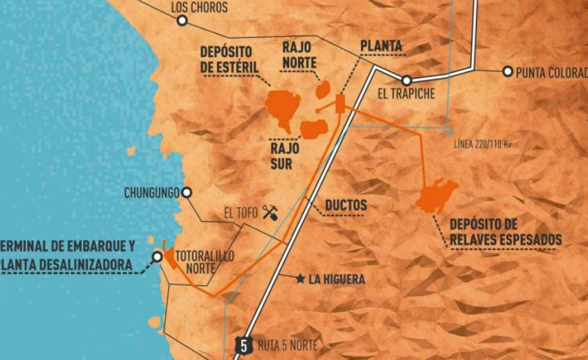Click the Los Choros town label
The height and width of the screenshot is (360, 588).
[199, 7]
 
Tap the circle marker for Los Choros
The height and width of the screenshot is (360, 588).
[182, 21]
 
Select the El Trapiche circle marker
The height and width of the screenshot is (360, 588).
[406, 80]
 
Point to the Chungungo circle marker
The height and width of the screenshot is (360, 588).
[187, 193]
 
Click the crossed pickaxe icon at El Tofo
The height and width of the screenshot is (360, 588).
[269, 212]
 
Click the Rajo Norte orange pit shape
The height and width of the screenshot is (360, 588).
[324, 90]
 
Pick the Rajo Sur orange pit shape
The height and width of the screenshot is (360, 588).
[314, 128]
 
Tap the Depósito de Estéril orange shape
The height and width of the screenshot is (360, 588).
[283, 107]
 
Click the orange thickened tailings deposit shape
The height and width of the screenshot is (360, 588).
[436, 196]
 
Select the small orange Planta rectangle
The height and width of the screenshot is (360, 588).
[340, 103]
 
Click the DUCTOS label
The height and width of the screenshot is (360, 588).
[345, 205]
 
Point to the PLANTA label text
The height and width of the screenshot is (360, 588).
[381, 46]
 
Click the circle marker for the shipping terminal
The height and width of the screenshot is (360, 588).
[157, 257]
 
